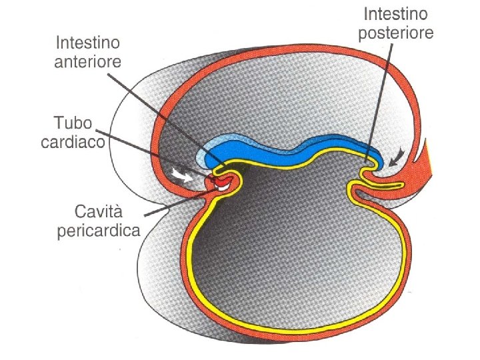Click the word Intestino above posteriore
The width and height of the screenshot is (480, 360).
395,13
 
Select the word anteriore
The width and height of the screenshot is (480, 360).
89,62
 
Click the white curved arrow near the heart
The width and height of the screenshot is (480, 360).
180,174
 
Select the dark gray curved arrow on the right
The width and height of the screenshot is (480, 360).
397,157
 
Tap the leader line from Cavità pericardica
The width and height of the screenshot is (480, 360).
170,205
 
